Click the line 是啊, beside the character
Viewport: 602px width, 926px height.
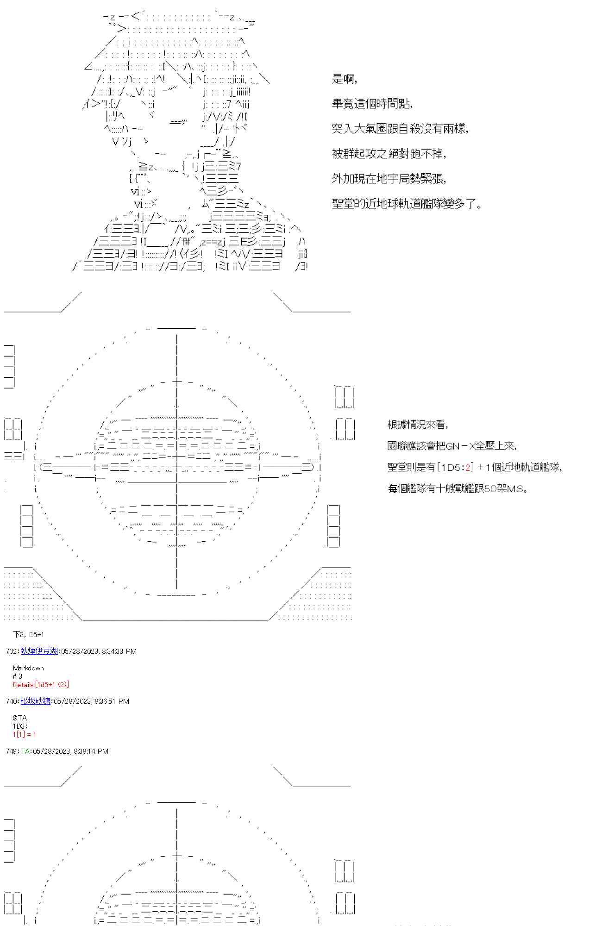[344, 79]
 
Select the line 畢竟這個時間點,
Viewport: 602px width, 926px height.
[372, 104]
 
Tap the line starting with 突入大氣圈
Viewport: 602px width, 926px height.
[400, 129]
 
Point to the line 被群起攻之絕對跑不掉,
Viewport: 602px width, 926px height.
[389, 154]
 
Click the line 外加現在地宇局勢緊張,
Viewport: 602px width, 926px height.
[389, 179]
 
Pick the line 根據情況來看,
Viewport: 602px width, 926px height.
[417, 425]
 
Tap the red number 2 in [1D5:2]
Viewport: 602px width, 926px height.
[468, 467]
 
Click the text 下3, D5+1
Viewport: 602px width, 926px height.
[29, 634]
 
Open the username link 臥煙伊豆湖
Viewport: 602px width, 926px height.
[39, 651]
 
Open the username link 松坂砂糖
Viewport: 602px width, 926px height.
[35, 701]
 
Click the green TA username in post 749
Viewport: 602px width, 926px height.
[25, 751]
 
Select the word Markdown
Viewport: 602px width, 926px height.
[28, 668]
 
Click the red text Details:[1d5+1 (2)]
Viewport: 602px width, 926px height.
[41, 684]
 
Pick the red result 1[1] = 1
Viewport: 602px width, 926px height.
[24, 734]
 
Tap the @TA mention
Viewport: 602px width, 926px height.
[20, 718]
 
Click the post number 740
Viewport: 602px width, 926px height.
[12, 701]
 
